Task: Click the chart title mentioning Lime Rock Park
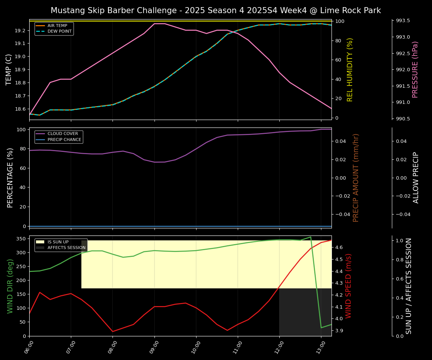tap(216, 10)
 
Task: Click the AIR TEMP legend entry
tap(57, 26)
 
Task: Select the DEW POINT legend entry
tap(59, 31)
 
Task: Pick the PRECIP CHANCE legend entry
tap(64, 140)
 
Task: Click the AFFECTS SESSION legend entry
tap(66, 248)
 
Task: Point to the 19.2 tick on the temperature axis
tap(21, 30)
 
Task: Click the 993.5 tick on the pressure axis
tap(402, 21)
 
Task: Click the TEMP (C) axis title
tap(9, 69)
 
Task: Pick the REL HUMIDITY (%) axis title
tap(350, 69)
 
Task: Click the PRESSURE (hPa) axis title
tap(415, 69)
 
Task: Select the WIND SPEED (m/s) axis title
tap(349, 286)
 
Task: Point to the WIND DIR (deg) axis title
tap(10, 286)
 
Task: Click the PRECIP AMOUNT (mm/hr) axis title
tap(356, 178)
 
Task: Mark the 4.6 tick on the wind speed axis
tap(339, 247)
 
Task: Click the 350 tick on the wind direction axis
tap(21, 238)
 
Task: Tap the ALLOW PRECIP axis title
tap(416, 178)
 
